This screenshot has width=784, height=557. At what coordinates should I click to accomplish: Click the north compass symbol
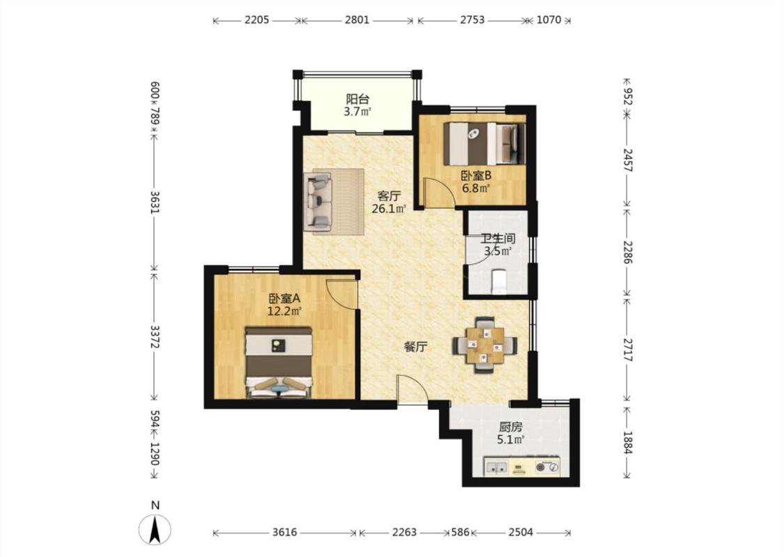tap(155, 528)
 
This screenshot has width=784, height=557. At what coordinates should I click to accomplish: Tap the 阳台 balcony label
tap(358, 99)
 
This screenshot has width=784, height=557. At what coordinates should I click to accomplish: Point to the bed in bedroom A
tap(279, 363)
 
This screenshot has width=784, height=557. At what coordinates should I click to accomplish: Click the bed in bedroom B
tap(484, 143)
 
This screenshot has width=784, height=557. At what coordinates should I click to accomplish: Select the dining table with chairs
tap(484, 345)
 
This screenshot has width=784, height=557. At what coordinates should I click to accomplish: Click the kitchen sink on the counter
tap(497, 468)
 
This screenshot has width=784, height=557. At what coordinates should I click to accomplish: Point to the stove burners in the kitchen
tap(547, 468)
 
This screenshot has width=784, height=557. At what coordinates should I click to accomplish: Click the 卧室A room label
tap(284, 299)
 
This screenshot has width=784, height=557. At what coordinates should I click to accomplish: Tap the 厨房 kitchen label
tap(511, 427)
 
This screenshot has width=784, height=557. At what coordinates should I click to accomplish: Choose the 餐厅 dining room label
tap(415, 347)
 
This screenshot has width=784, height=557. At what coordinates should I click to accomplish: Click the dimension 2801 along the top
tap(357, 20)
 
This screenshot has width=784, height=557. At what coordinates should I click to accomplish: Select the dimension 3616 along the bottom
tap(285, 533)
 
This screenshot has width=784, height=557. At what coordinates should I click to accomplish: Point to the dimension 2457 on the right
tap(627, 160)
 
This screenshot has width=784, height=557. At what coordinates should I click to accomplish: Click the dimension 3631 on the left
tap(155, 202)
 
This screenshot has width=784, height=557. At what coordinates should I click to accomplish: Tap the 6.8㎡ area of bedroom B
tap(475, 188)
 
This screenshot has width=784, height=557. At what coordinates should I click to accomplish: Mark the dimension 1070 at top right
tap(549, 20)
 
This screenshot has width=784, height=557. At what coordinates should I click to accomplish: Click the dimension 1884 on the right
tap(627, 443)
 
